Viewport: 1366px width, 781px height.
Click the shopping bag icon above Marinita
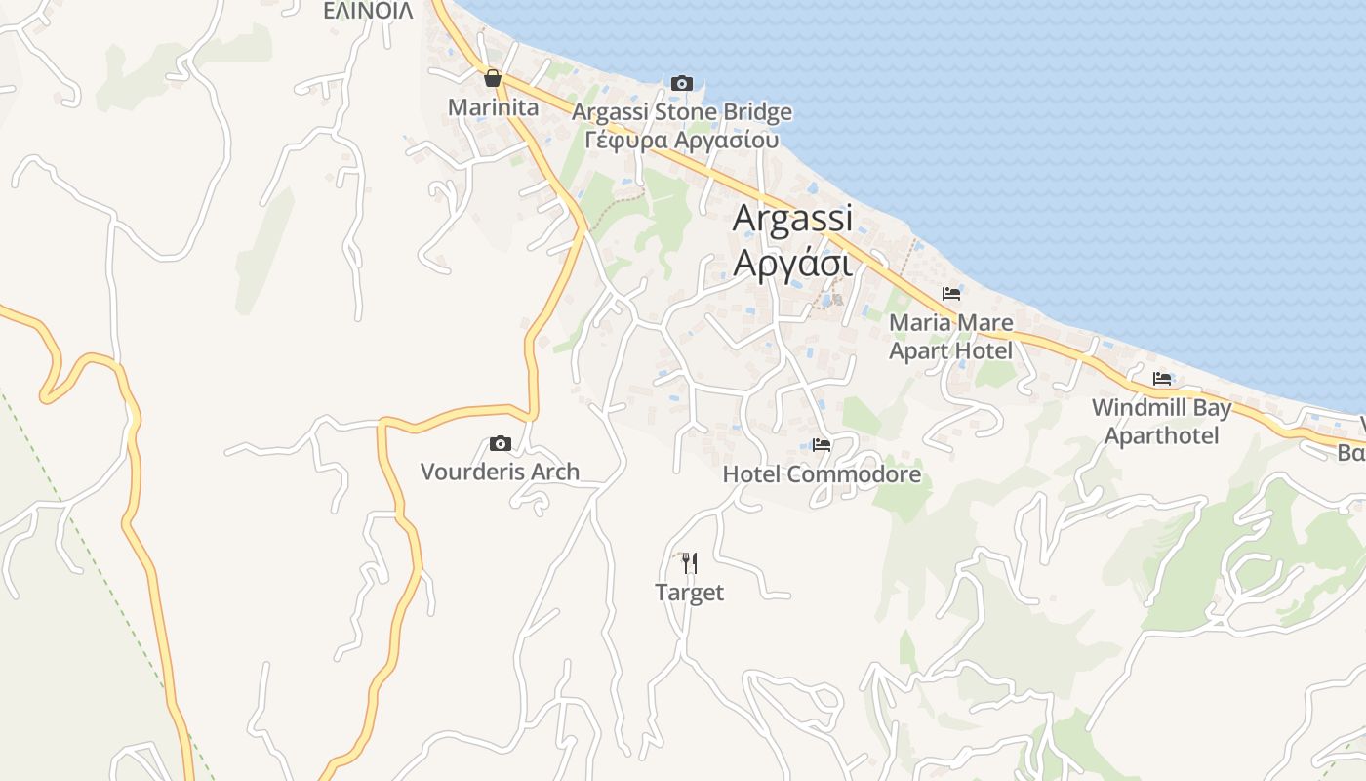pos(493,78)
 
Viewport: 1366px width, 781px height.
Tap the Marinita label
pos(493,107)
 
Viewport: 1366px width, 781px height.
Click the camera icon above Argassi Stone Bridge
pos(682,83)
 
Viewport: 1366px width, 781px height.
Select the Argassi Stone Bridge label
pos(682,112)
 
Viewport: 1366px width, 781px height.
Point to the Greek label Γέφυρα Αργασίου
pos(682,140)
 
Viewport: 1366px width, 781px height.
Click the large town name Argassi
pos(792,218)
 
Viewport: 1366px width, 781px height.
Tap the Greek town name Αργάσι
pos(792,262)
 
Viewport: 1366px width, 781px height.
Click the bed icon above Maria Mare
pos(951,293)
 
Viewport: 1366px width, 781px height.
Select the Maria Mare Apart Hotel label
pos(951,336)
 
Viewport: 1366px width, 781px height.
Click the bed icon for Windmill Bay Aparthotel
pos(1161,379)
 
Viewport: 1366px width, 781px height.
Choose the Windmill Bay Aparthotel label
pos(1161,421)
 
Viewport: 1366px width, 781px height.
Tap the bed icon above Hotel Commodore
pos(822,445)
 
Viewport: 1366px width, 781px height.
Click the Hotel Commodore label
pos(822,474)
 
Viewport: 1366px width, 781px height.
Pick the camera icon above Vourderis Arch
pos(500,443)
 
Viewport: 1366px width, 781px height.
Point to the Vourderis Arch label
pos(500,472)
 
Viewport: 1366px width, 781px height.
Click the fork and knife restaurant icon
pos(689,562)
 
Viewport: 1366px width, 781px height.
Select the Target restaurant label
pos(689,593)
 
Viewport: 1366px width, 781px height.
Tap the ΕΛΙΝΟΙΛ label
pos(368,11)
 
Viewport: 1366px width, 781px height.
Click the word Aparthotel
pos(1161,435)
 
